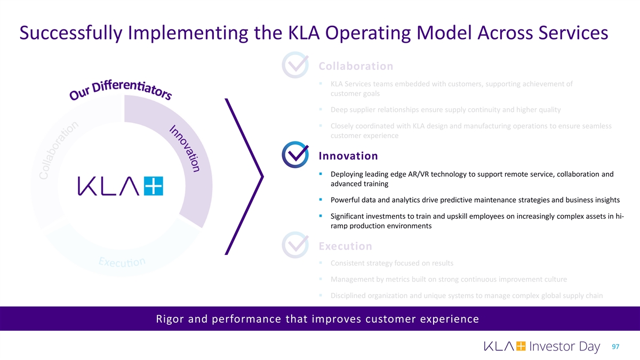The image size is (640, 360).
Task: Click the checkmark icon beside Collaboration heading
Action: click(x=295, y=66)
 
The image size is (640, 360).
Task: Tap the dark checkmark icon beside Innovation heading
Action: click(x=295, y=155)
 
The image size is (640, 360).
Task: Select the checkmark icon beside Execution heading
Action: click(x=295, y=246)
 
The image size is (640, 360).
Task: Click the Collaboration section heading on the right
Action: click(x=356, y=66)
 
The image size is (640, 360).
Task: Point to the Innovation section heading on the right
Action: click(x=348, y=156)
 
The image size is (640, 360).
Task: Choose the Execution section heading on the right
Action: click(x=345, y=246)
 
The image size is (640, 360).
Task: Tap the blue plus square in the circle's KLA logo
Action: click(x=154, y=186)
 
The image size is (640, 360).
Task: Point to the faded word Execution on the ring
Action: click(x=122, y=263)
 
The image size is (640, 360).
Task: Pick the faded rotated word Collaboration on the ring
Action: click(x=59, y=152)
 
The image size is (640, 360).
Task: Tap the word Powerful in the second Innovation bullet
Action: click(x=346, y=200)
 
